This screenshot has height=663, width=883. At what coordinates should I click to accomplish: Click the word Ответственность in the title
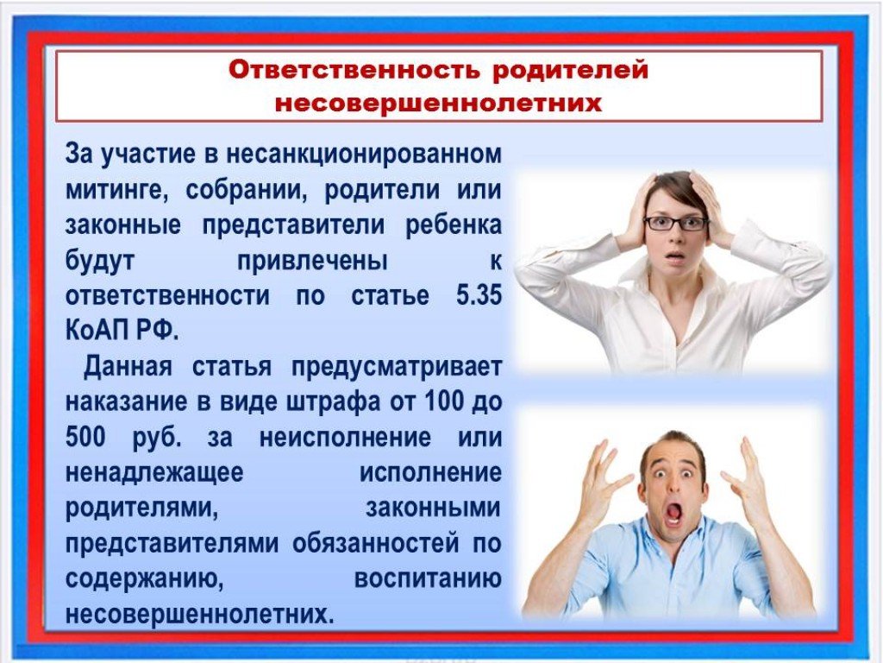coord(354,70)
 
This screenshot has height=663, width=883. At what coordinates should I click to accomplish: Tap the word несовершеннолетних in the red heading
coord(439,104)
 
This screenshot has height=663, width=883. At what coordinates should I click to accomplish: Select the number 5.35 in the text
coord(479,295)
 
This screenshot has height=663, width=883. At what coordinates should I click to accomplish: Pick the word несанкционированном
coord(364,154)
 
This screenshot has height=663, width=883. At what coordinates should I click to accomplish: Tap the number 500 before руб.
coord(85,437)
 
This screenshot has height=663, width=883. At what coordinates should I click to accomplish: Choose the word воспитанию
coord(428,579)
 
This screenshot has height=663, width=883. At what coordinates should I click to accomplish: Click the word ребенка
coord(454,225)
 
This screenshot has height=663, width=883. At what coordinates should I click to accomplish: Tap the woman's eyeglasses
coord(676,224)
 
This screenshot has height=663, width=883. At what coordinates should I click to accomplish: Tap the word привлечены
coord(312,261)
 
